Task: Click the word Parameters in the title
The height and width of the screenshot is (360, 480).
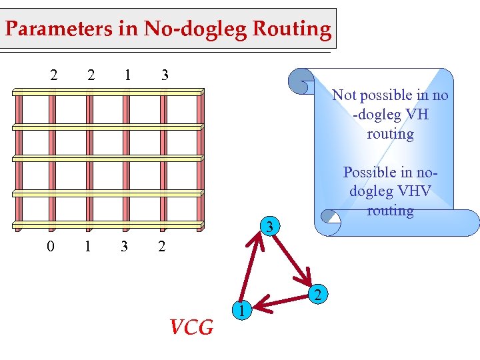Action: pos(51,29)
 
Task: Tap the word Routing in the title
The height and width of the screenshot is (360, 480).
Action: pos(295,29)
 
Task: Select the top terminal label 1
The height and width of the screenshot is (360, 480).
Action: pos(127,75)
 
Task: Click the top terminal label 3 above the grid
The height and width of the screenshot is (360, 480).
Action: pos(165,75)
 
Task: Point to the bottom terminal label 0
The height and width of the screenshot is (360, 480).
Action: pos(51,247)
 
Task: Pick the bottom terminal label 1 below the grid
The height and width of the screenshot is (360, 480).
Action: pos(87,247)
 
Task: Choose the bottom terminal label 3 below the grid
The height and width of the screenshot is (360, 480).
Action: pos(125,247)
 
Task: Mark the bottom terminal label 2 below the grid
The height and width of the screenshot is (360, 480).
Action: pos(161,247)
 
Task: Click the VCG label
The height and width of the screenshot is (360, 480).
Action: pos(191,327)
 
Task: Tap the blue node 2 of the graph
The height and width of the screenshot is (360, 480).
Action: pos(319,294)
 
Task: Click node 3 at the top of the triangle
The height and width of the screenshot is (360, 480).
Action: pos(268,227)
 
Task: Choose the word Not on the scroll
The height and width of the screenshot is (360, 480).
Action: pos(345,95)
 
